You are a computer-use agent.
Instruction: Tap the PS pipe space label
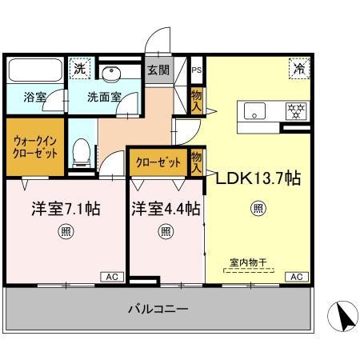click(197, 70)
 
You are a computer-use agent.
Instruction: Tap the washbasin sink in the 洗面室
click(113, 73)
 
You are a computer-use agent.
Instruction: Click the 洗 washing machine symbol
click(79, 68)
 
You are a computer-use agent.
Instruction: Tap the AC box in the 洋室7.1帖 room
click(110, 277)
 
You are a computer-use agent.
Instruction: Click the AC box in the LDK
click(295, 277)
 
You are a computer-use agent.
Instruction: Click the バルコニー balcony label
click(159, 309)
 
